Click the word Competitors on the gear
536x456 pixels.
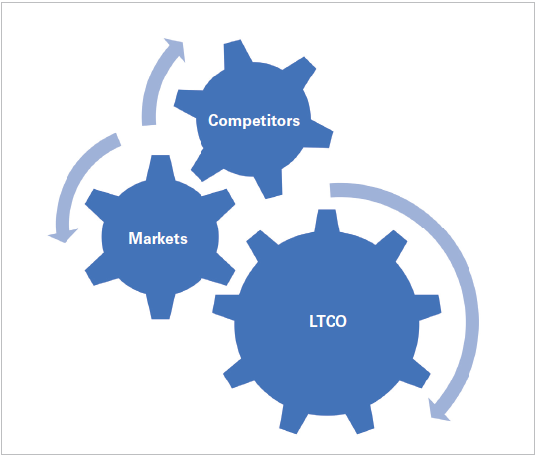254,121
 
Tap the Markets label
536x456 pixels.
158,238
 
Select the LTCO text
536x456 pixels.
328,321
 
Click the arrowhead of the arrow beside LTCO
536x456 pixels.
438,410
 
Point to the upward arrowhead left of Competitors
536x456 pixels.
176,49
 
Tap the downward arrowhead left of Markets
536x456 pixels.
64,235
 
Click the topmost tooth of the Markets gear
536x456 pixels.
161,167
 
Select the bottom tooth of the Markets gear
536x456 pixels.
161,307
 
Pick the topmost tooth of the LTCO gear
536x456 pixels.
327,221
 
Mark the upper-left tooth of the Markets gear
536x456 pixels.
101,204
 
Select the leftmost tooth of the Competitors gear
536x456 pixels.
188,101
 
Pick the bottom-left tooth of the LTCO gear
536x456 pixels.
291,419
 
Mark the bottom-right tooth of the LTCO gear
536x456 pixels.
360,419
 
